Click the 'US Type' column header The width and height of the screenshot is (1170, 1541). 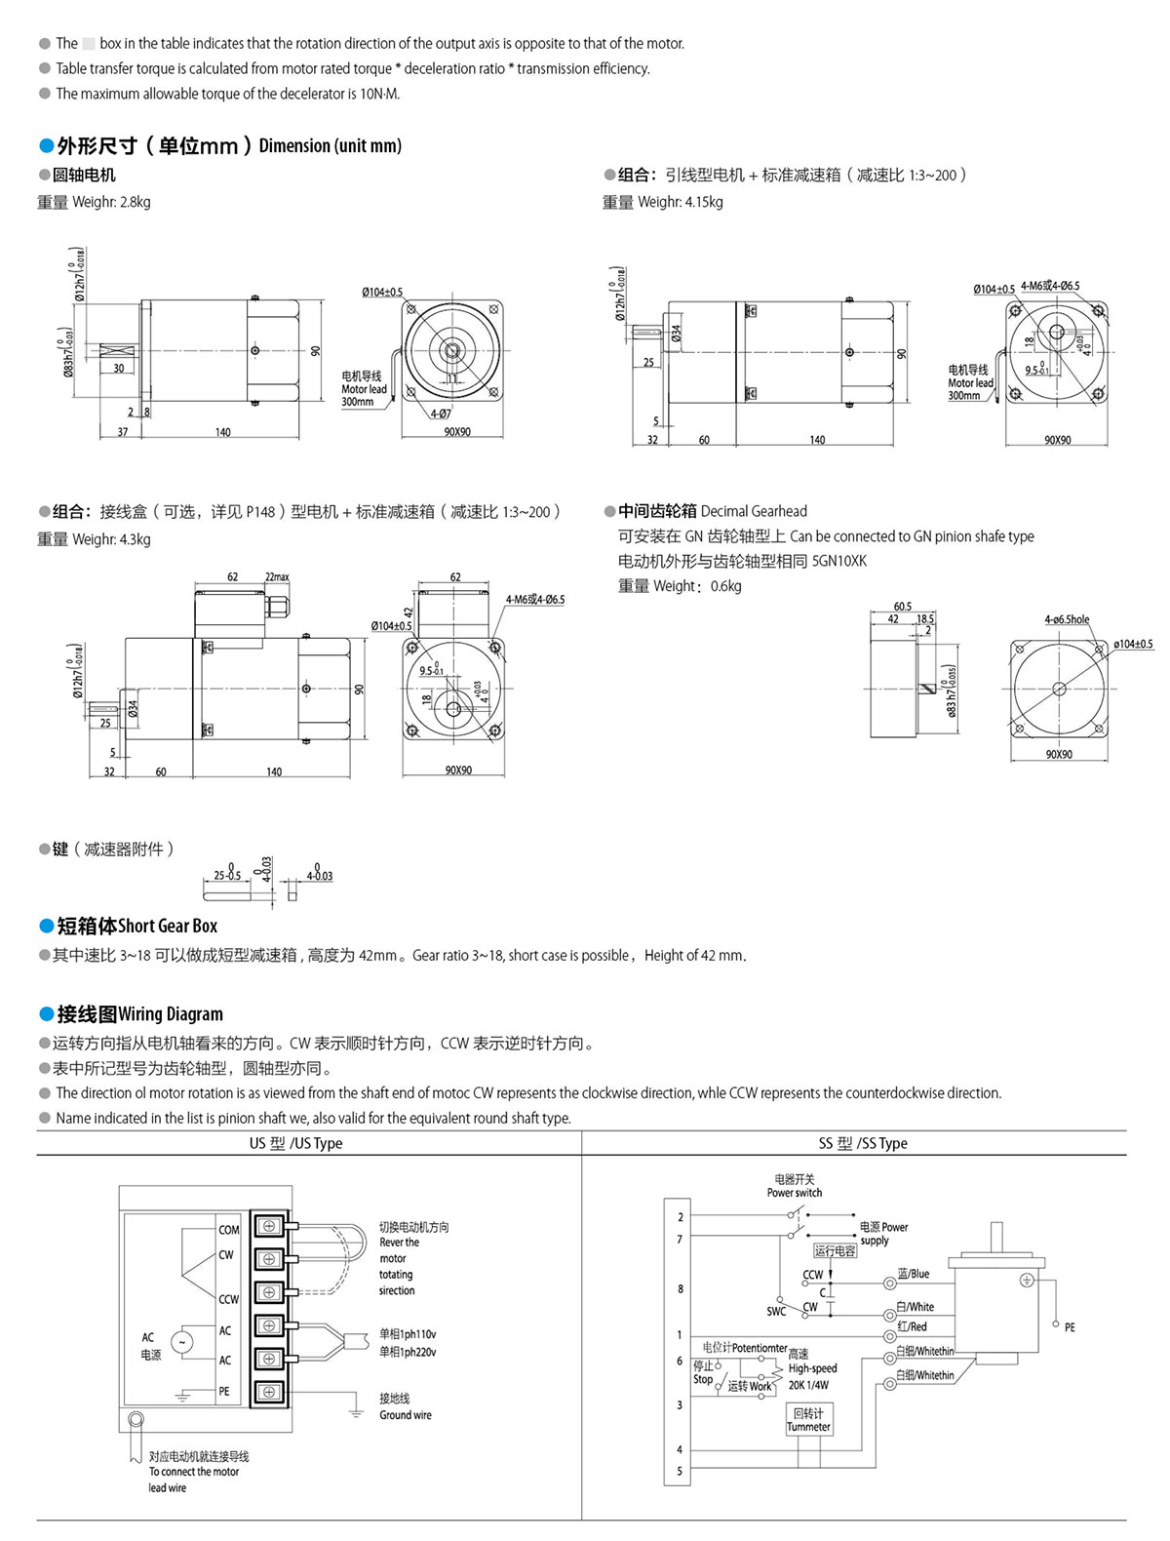click(295, 1143)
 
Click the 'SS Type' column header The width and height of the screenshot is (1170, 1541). click(863, 1143)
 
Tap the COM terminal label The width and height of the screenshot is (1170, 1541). click(229, 1230)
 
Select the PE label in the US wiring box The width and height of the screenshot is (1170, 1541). click(224, 1392)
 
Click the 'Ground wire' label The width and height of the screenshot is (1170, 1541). click(405, 1415)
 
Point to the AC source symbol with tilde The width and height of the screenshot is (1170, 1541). click(181, 1342)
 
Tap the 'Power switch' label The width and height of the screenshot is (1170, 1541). click(794, 1193)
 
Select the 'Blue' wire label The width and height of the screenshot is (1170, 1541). click(914, 1274)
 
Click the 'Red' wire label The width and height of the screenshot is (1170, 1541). click(913, 1326)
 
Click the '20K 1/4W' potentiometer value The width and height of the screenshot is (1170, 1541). click(808, 1385)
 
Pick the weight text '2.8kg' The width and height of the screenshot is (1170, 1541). click(135, 202)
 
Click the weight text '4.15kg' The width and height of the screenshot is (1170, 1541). click(704, 202)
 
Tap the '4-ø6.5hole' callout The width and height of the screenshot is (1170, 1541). click(1067, 619)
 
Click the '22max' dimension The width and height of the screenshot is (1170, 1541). click(277, 576)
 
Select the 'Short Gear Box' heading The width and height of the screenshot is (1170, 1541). click(168, 926)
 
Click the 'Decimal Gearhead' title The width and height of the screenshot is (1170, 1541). click(754, 511)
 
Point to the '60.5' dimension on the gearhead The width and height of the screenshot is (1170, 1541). click(902, 606)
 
